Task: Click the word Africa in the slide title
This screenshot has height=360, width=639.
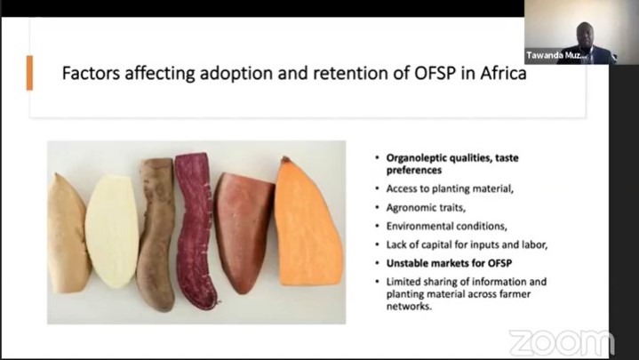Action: [x=503, y=74]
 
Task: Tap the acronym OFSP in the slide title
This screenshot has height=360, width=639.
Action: [x=435, y=74]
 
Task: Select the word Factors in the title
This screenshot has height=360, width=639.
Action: [x=91, y=74]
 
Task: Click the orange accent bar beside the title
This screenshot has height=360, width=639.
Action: [x=29, y=73]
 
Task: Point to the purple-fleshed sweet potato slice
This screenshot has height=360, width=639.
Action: [x=195, y=230]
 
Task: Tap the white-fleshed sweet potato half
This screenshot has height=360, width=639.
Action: [x=111, y=231]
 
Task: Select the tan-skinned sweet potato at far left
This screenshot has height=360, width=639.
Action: [x=68, y=234]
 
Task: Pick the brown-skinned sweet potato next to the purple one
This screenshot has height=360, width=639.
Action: [x=156, y=235]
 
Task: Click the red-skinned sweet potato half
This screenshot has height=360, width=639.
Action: [x=244, y=232]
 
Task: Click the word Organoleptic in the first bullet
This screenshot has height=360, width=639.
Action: [x=418, y=158]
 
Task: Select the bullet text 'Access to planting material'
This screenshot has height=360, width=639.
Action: [x=450, y=188]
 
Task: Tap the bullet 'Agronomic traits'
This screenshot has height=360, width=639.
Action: [x=426, y=207]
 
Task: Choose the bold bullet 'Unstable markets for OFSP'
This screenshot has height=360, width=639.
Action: [x=449, y=263]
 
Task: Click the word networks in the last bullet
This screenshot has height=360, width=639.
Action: [x=409, y=306]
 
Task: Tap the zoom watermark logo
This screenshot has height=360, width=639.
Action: [x=562, y=343]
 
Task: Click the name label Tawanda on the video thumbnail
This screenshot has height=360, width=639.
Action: [x=544, y=55]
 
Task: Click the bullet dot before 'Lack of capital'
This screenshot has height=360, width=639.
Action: [x=378, y=245]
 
